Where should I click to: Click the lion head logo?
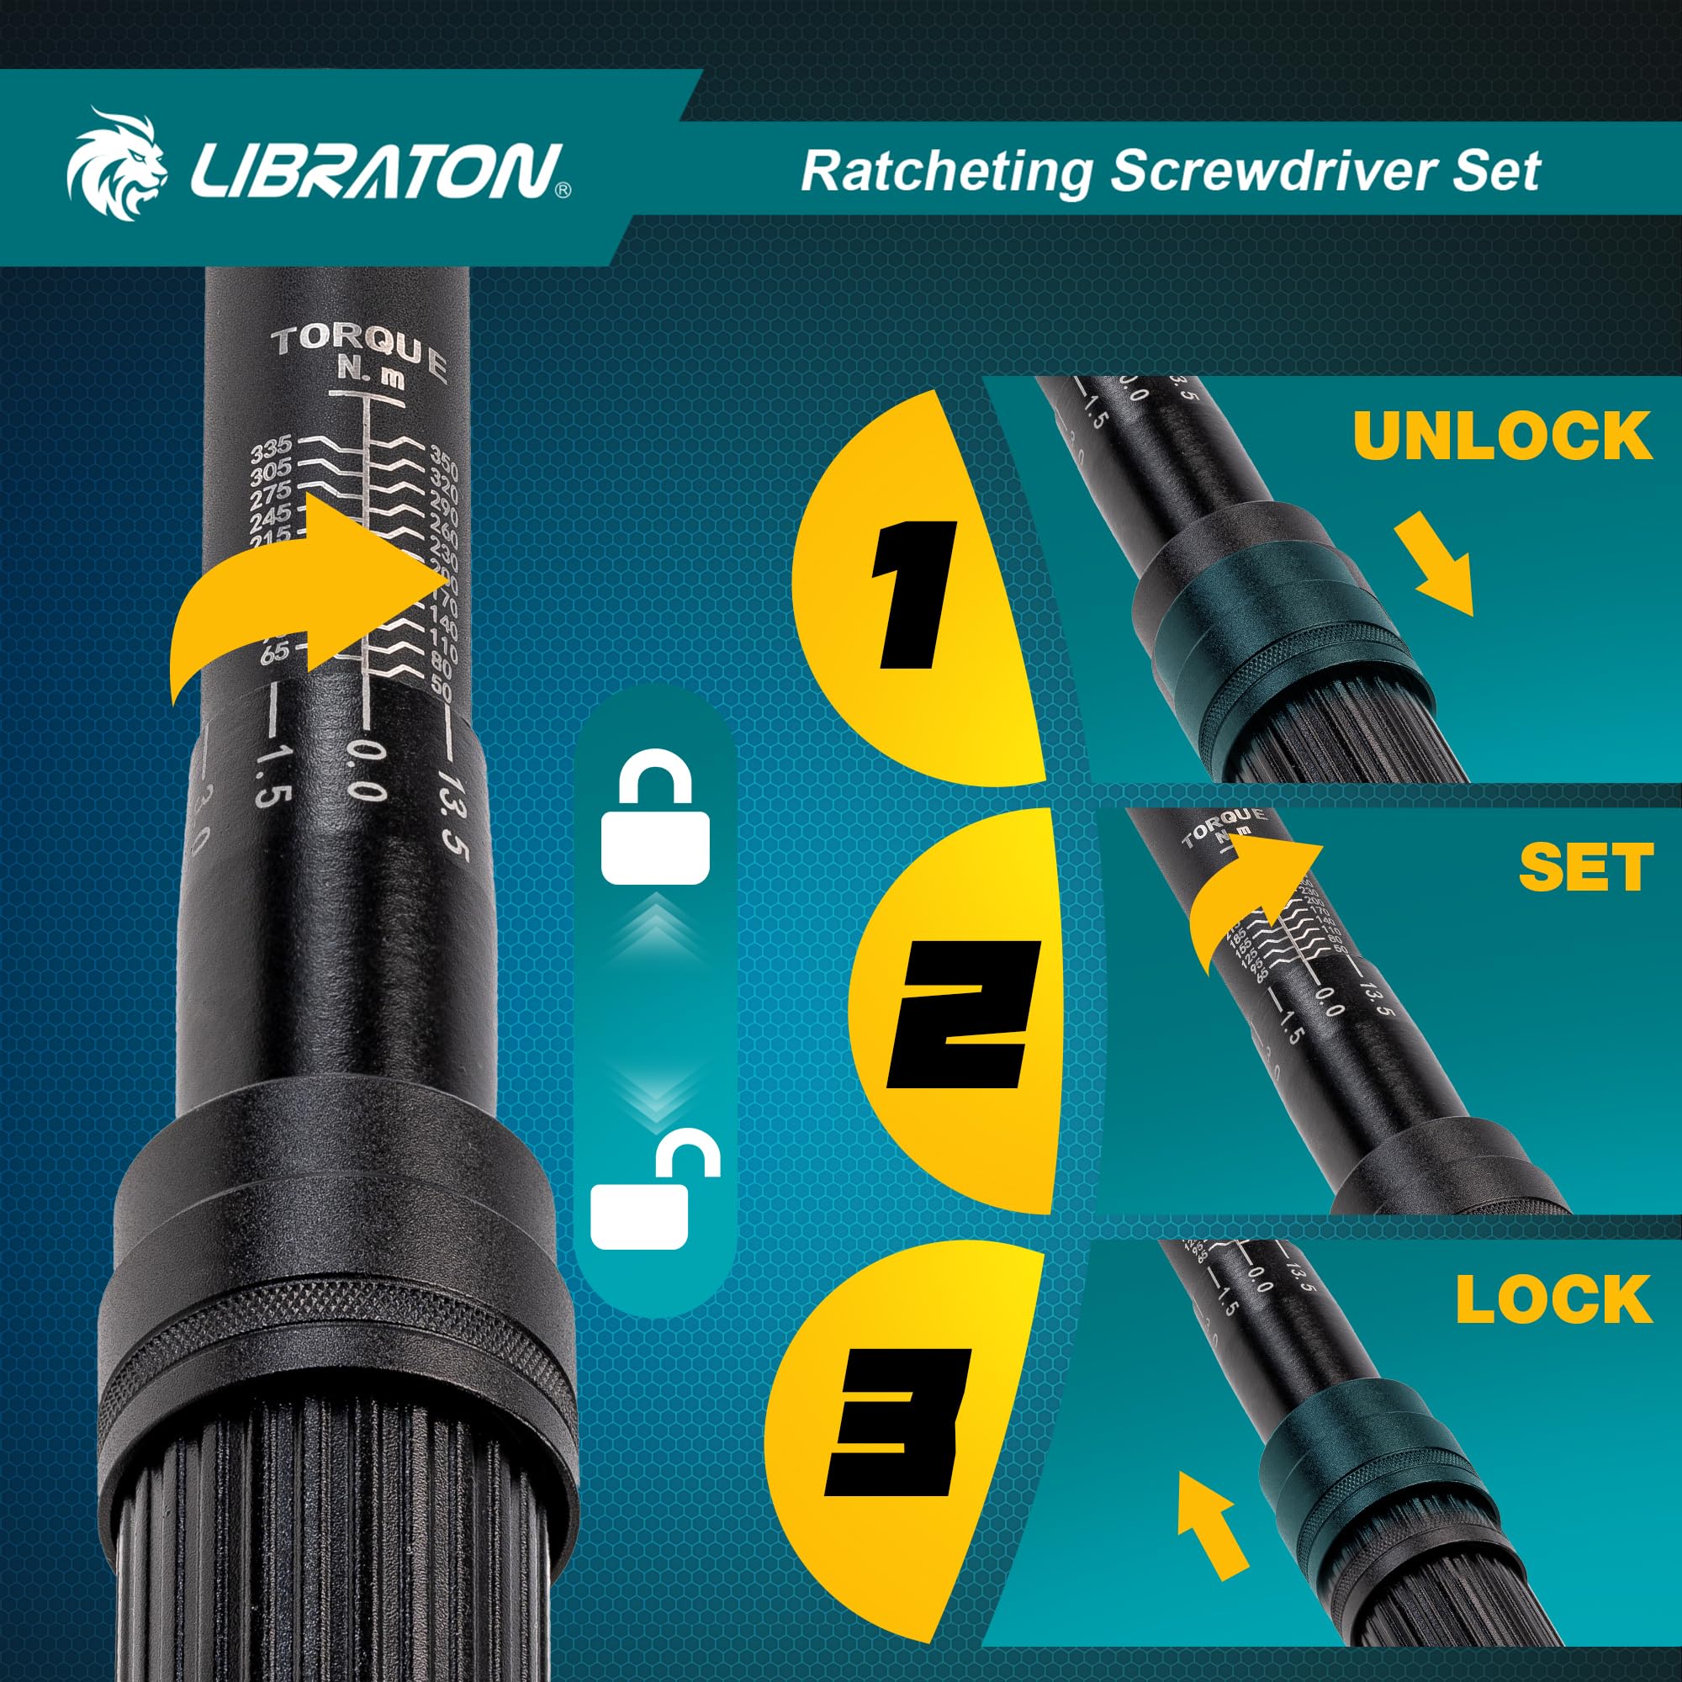117,165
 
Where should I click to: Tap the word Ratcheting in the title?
945,170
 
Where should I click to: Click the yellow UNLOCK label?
1502,435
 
